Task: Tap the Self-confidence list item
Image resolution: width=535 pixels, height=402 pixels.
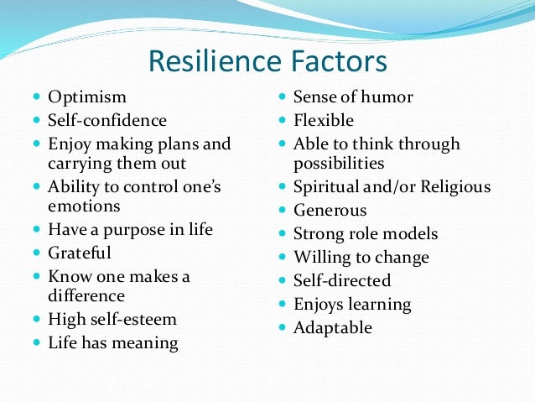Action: [x=107, y=121]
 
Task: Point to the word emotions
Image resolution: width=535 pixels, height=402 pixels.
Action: [x=85, y=206]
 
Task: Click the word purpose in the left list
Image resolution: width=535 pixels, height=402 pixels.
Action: [x=131, y=228]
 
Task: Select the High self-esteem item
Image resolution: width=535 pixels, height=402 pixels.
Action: [x=112, y=320]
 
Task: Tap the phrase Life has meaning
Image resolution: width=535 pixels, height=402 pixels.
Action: [x=112, y=342]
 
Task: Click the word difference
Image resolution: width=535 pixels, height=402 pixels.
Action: [x=86, y=296]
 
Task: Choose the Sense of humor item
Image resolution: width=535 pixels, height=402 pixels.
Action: [x=353, y=98]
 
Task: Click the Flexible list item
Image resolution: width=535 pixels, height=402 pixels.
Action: [x=324, y=121]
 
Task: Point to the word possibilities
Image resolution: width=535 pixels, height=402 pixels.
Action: [x=339, y=164]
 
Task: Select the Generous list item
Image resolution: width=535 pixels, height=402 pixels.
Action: [x=330, y=210]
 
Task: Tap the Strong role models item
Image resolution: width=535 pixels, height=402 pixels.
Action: [x=366, y=233]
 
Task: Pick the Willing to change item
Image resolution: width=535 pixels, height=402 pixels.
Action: [x=361, y=257]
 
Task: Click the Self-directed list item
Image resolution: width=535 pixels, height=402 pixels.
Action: [x=342, y=280]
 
